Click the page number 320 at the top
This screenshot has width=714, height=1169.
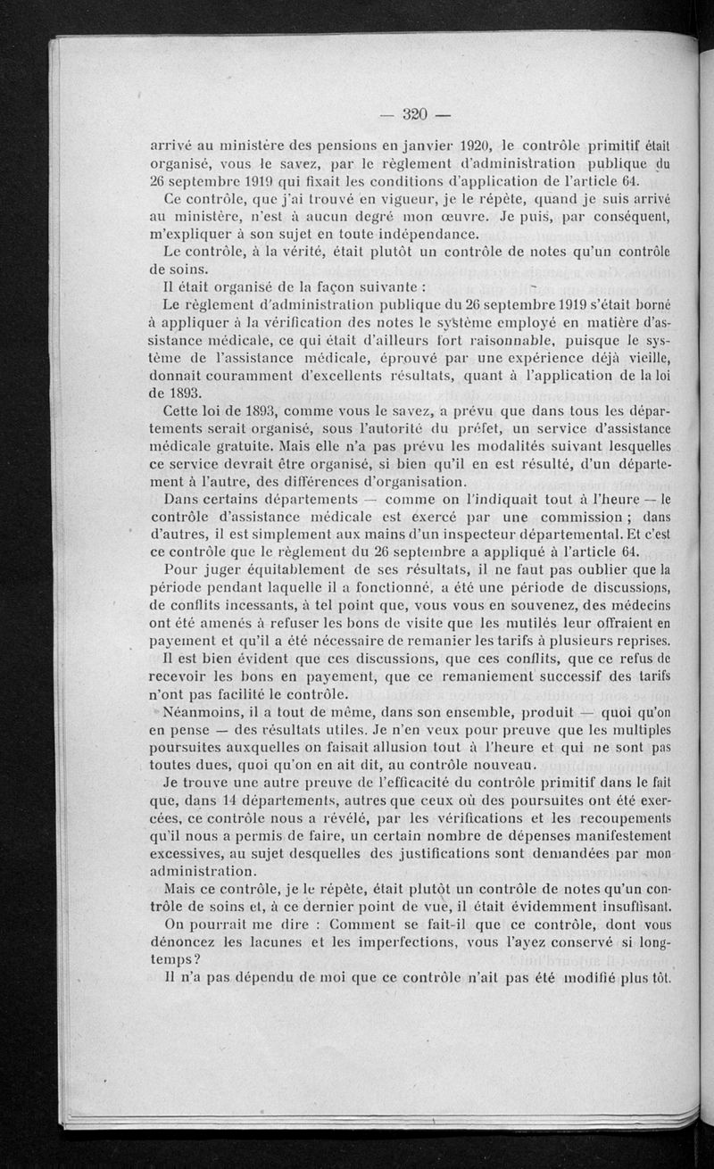(416, 113)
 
